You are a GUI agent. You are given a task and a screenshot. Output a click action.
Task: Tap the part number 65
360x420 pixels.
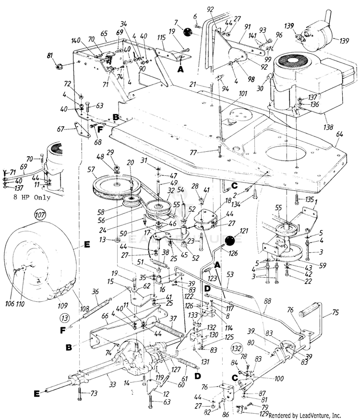(103, 34)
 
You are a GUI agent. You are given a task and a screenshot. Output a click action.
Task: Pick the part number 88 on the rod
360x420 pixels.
(267, 301)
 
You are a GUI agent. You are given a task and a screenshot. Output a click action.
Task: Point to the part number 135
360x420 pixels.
(310, 198)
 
